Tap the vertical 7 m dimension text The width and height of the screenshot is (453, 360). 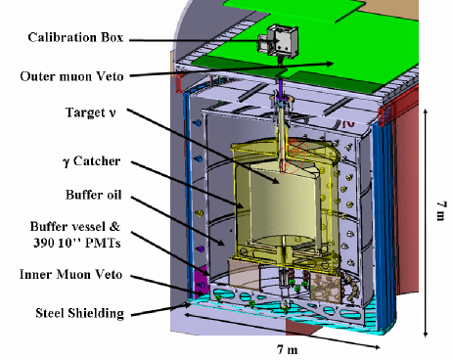coord(441,209)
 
